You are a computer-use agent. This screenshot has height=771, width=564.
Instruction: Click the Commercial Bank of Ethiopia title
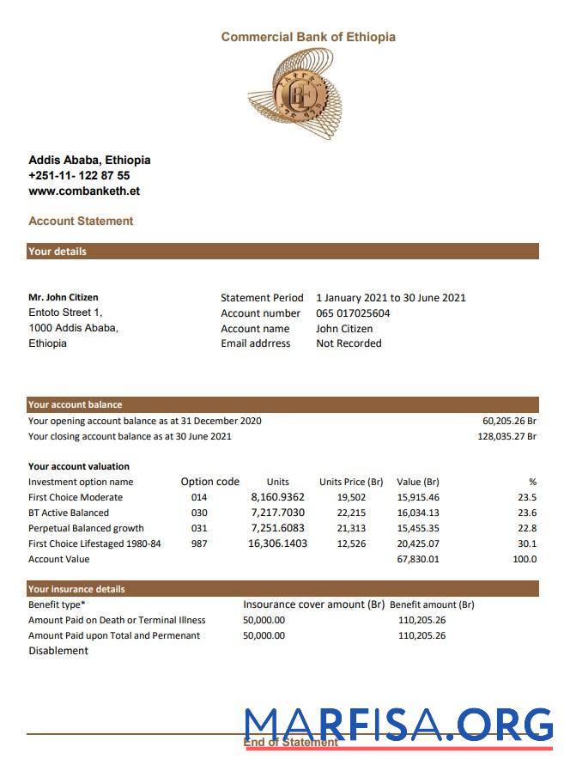point(308,37)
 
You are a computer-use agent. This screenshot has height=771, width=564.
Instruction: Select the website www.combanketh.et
point(84,191)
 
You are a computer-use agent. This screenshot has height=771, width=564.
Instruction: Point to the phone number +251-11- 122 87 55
point(79,175)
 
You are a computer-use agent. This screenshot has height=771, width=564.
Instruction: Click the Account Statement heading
point(81,221)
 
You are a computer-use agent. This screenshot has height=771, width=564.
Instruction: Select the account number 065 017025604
point(353,313)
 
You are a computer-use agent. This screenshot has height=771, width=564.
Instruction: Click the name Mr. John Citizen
point(64,298)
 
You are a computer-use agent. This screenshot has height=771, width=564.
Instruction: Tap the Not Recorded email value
point(349,343)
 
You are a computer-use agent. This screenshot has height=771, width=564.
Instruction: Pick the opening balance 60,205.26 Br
point(509,421)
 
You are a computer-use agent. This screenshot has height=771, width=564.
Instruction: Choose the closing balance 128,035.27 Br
point(506,436)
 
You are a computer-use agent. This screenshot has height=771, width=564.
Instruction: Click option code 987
point(199,543)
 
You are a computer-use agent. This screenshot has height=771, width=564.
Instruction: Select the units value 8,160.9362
point(277,497)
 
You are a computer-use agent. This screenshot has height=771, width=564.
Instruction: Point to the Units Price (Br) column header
point(351,482)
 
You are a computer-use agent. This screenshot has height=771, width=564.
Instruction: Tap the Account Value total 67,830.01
point(418,559)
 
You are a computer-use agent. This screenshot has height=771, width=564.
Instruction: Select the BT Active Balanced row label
point(69,513)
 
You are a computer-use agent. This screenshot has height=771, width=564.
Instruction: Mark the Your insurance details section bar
point(282,589)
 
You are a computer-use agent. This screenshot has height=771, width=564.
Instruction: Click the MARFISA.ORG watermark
point(398,725)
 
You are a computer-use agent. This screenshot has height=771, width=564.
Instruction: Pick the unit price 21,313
point(351,528)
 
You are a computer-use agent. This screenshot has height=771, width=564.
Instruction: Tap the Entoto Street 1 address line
point(65,313)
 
